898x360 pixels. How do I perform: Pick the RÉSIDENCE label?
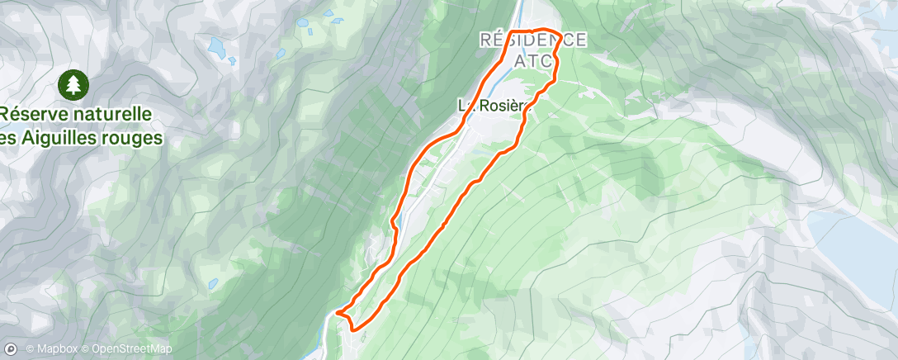534,40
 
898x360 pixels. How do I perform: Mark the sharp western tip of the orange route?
336,312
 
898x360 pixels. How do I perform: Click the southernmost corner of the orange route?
355,329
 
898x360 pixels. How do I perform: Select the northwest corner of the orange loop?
508,31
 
